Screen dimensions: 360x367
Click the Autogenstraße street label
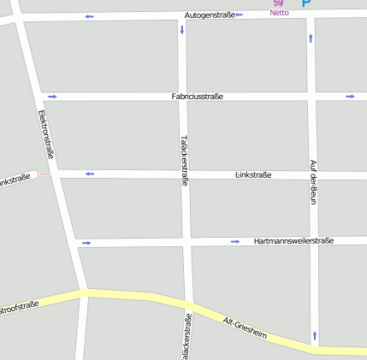pos(210,15)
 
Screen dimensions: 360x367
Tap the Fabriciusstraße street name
pos(197,97)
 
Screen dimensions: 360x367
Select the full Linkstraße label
pos(253,175)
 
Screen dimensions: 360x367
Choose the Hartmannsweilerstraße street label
pos(293,241)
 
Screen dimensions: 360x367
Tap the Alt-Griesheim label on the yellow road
pos(246,328)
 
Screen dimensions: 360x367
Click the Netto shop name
pos(279,13)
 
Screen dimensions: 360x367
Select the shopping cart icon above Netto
pos(278,3)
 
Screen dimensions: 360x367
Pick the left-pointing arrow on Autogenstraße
pos(90,17)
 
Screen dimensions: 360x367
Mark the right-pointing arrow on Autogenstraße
pos(240,15)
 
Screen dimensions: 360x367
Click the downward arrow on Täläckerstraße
pos(181,30)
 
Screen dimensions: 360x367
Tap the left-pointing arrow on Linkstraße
pos(89,174)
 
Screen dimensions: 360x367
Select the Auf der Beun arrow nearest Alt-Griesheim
pos(315,335)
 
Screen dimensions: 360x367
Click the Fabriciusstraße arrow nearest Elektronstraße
pos(52,97)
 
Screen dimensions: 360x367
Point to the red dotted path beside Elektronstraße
pos(44,174)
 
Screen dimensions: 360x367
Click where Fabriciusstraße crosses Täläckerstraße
pos(182,97)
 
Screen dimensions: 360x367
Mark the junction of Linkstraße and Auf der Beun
pos(313,175)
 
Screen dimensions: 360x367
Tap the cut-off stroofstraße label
pos(19,305)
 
